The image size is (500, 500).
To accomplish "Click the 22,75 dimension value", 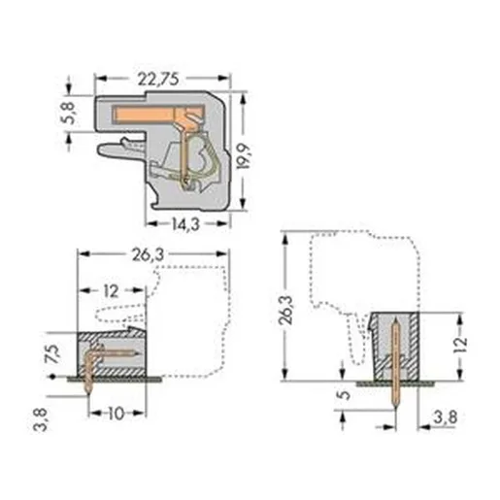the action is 157,79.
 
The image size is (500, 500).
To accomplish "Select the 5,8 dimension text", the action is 69,113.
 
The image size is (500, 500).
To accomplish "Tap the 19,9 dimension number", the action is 244,156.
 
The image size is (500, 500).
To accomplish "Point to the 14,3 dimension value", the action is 185,224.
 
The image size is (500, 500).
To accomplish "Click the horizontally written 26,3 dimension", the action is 148,255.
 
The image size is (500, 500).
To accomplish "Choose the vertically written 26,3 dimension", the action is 286,310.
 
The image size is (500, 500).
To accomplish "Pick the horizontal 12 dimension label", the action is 111,291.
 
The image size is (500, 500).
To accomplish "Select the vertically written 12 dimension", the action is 461,345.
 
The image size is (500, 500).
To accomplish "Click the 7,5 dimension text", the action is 52,354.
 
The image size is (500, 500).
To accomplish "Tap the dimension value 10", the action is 116,414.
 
